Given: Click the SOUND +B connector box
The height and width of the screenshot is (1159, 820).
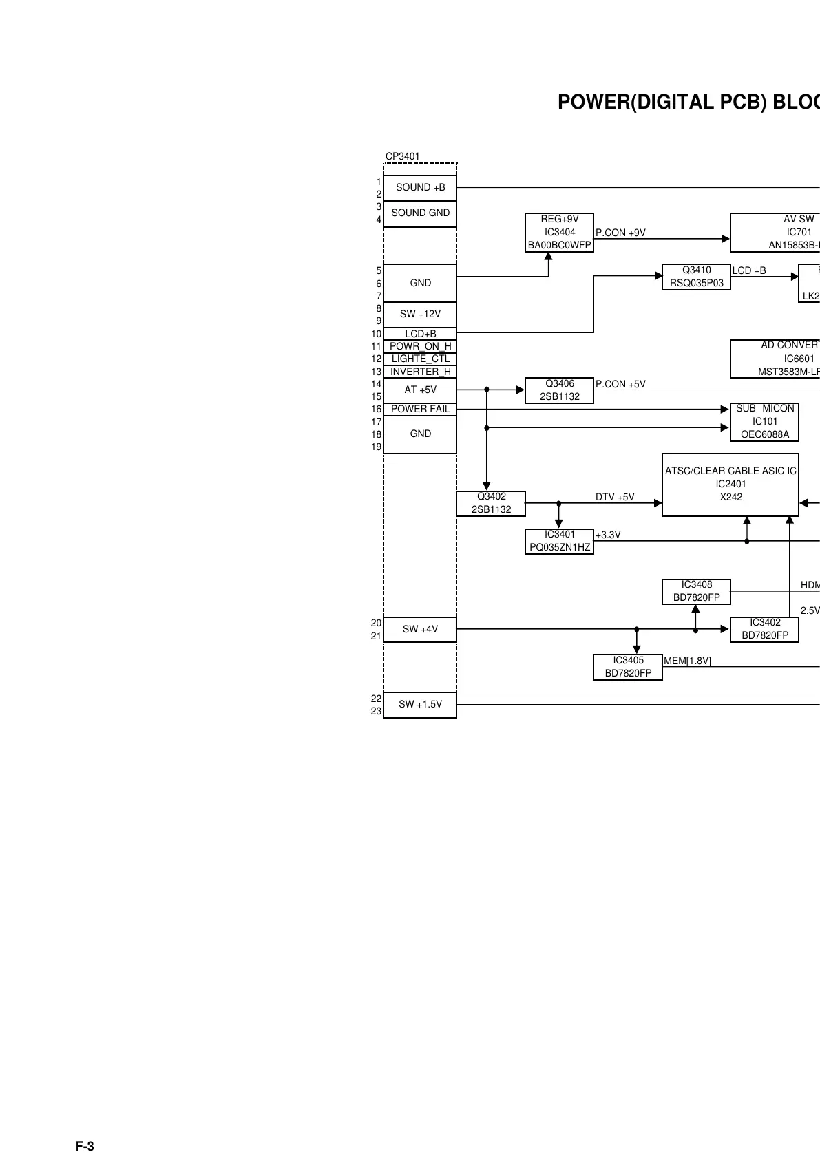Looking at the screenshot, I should click(x=420, y=187).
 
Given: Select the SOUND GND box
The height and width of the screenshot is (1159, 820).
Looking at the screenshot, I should click(x=420, y=213).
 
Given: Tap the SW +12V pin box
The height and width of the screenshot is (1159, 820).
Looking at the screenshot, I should click(x=420, y=314).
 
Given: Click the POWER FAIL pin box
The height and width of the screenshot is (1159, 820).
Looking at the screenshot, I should click(x=420, y=409).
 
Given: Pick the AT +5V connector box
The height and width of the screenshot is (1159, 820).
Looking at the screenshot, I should click(x=420, y=390).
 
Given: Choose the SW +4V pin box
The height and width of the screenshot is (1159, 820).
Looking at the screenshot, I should click(x=420, y=629).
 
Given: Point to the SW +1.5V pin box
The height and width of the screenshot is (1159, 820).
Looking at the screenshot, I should click(x=420, y=704).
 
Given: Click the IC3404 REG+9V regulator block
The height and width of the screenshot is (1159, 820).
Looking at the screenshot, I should click(x=559, y=232).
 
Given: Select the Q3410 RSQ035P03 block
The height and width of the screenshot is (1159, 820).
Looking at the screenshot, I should click(x=696, y=277).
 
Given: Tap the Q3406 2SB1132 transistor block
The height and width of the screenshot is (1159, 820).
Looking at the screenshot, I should click(x=559, y=390).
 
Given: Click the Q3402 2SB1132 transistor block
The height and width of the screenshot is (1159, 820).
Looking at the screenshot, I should click(x=491, y=503).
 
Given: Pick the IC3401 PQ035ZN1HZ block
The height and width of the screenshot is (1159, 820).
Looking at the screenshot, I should click(x=559, y=541).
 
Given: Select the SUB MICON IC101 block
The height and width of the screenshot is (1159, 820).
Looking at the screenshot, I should click(x=764, y=421).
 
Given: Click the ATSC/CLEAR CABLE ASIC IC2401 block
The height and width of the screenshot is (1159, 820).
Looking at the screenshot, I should click(x=730, y=484).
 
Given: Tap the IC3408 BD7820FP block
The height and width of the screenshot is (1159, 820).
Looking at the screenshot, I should click(x=696, y=591).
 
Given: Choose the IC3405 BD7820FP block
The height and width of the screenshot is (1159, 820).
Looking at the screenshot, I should click(x=628, y=667).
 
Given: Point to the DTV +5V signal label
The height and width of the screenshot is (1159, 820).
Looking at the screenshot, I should click(x=615, y=497).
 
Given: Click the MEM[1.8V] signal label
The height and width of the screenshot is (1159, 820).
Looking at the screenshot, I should click(x=687, y=661).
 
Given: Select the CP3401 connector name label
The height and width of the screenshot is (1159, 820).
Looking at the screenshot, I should click(x=402, y=156).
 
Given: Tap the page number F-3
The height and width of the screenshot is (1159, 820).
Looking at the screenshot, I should click(x=85, y=1147).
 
